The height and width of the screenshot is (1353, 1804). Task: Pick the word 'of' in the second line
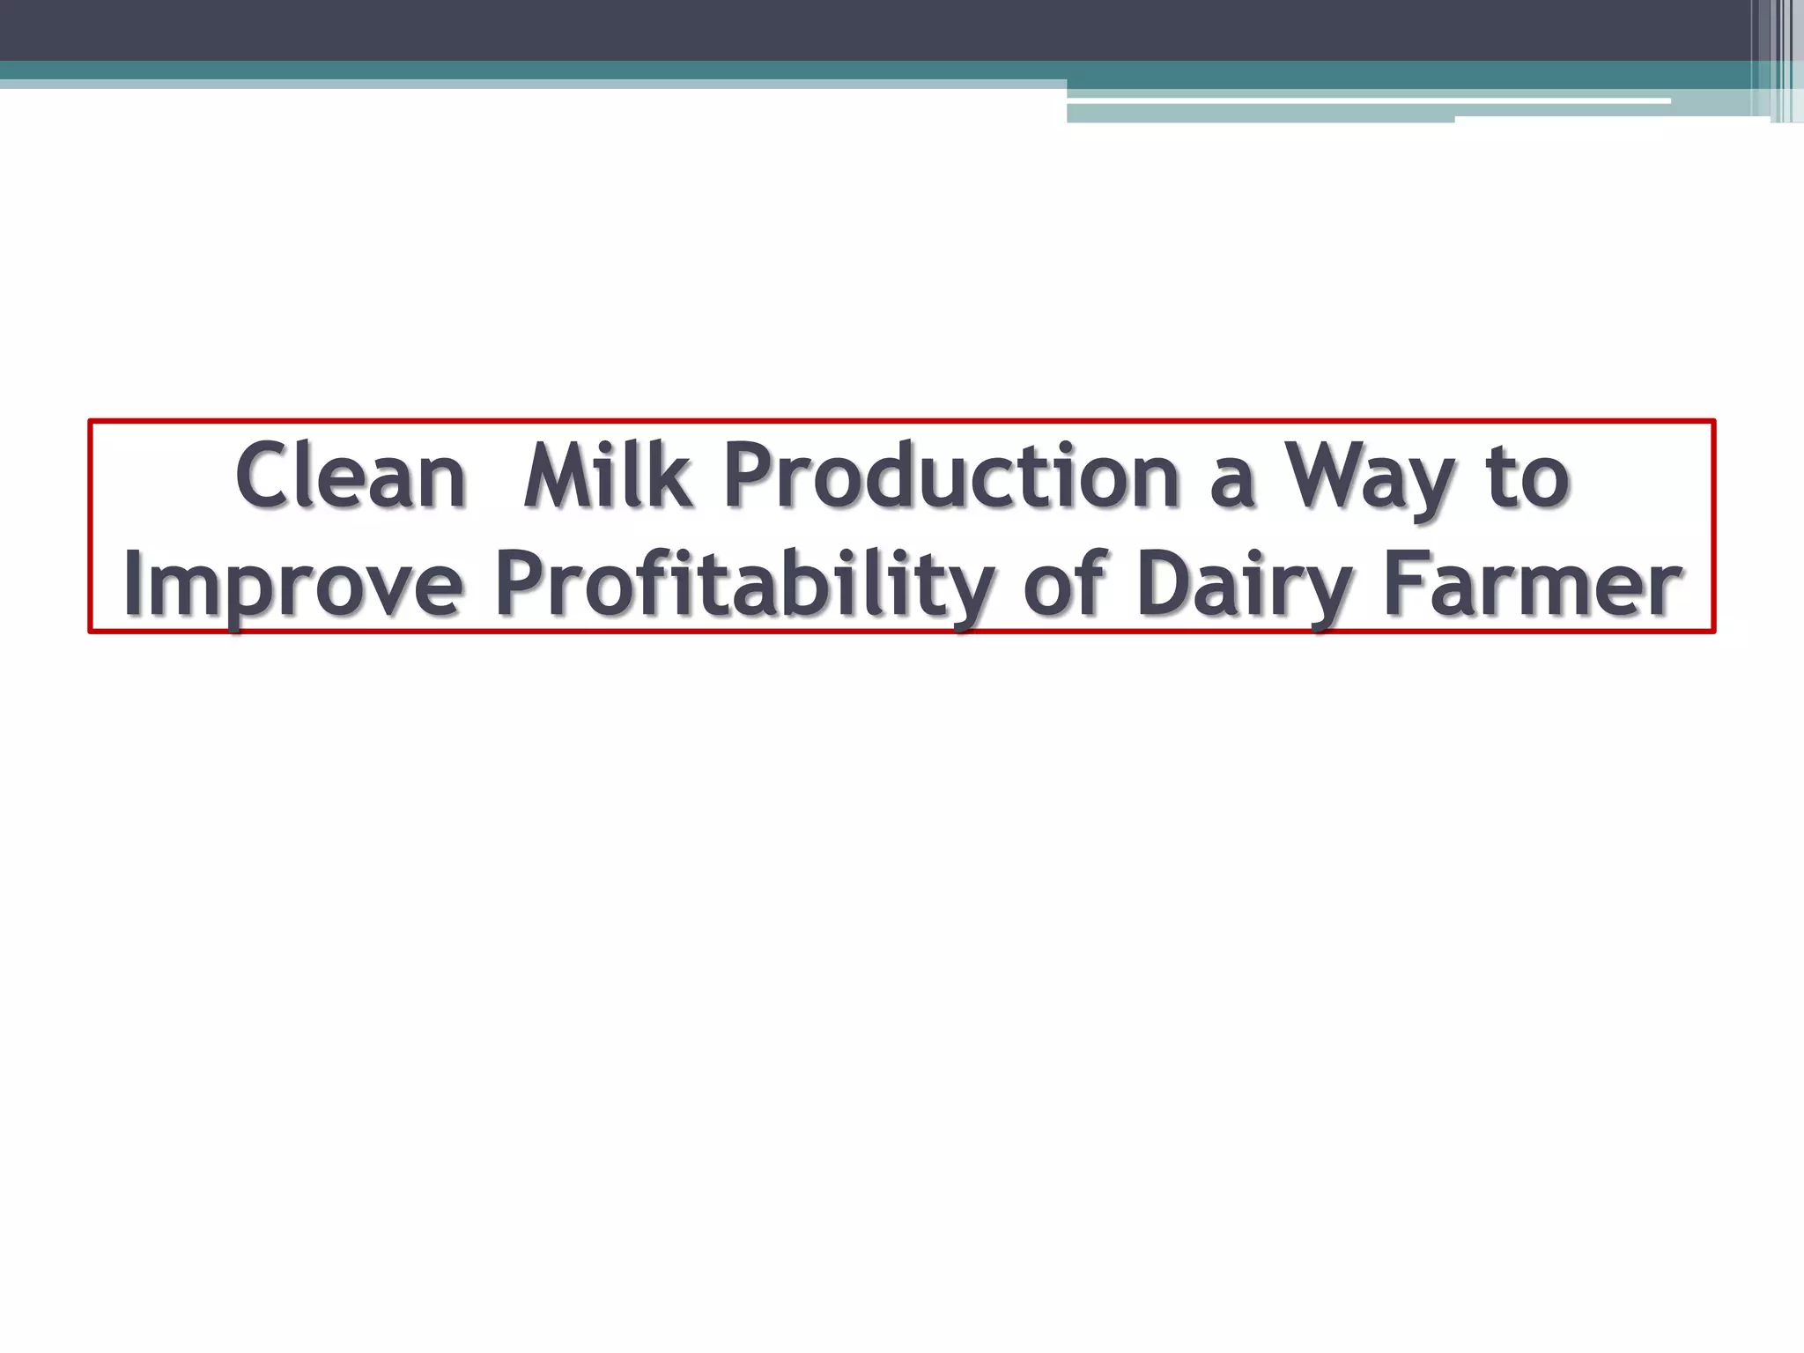pyautogui.click(x=1066, y=582)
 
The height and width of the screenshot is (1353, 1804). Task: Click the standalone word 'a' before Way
pyautogui.click(x=1232, y=484)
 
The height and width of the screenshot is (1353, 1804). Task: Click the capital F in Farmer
pyautogui.click(x=1404, y=582)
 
